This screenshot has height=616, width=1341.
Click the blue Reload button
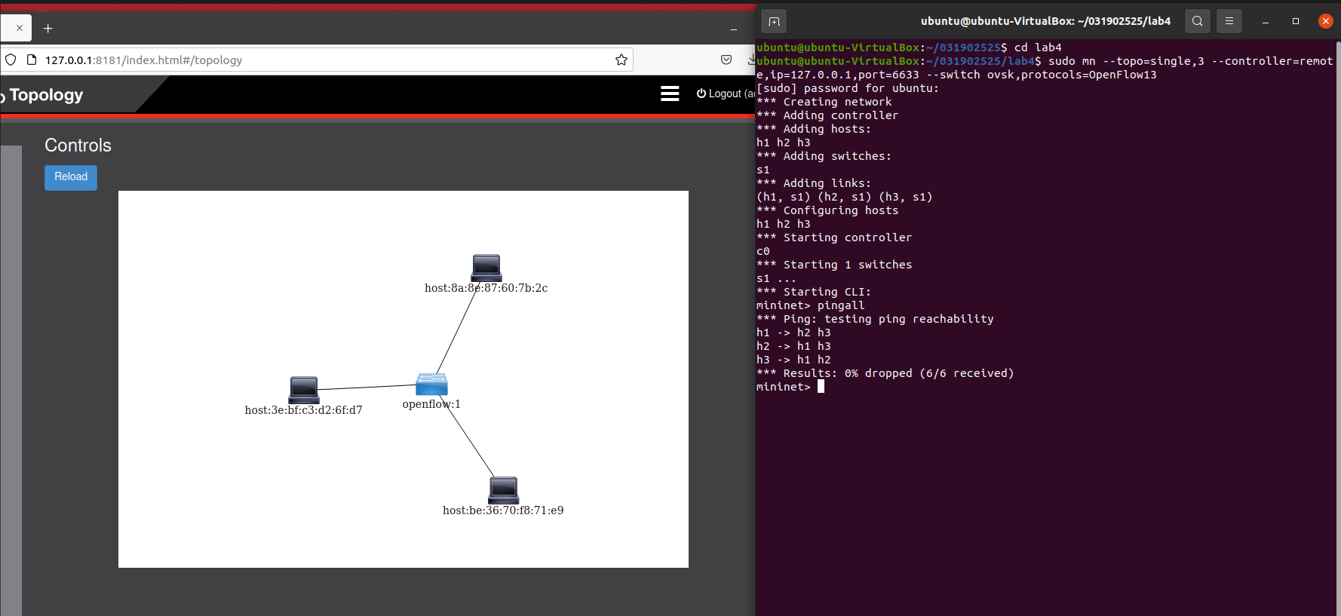(x=71, y=177)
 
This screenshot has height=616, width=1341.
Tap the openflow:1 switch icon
(x=431, y=385)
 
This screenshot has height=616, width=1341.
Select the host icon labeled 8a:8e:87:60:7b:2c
(x=486, y=268)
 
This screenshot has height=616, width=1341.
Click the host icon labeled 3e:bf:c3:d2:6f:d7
(x=304, y=389)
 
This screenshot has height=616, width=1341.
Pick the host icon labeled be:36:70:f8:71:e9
(x=504, y=490)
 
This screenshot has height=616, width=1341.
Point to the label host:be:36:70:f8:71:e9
(x=503, y=510)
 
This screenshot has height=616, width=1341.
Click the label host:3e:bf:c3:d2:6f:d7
(x=303, y=410)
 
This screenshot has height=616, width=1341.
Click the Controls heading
(x=78, y=146)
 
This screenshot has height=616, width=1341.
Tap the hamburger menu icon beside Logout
(x=670, y=93)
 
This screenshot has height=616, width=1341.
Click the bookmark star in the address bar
(x=621, y=60)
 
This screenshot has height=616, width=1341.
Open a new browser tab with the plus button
(x=48, y=29)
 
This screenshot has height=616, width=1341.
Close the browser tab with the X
(x=20, y=28)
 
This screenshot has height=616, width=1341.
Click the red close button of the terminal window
(x=1325, y=21)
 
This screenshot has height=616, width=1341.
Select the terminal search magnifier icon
(x=1198, y=21)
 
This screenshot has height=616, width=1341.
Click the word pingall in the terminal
(x=841, y=305)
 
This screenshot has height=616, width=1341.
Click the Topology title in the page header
(x=46, y=95)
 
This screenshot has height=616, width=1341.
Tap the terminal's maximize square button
(x=1296, y=21)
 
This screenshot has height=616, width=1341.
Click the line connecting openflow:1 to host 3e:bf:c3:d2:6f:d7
(x=367, y=387)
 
